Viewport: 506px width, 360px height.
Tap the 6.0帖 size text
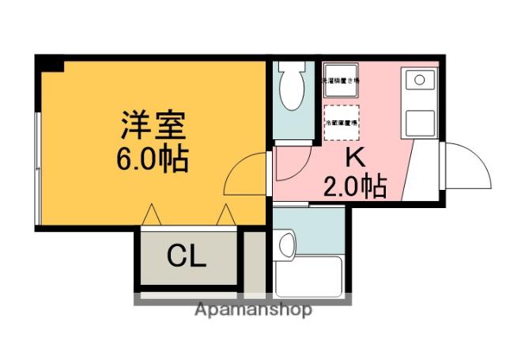pos(153,160)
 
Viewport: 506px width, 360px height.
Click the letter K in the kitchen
pos(355,157)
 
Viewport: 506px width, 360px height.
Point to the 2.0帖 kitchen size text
pos(355,186)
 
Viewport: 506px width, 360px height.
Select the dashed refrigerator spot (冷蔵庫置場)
pos(341,123)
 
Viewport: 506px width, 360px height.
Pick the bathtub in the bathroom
pos(308,276)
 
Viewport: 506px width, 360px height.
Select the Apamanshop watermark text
pos(253,309)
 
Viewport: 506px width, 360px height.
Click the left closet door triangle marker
pos(152,214)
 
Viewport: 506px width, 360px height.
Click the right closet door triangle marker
pos(225,214)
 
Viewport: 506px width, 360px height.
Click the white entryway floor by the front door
pos(425,170)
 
